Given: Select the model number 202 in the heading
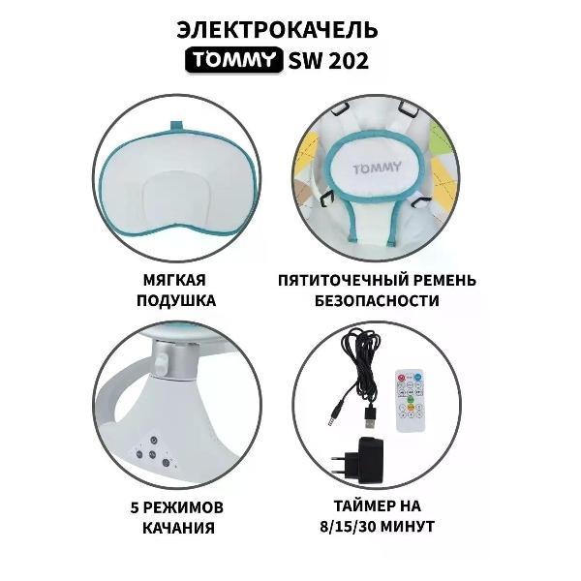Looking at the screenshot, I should tap(344, 61).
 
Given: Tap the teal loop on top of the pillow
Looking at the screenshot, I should tap(176, 123).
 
